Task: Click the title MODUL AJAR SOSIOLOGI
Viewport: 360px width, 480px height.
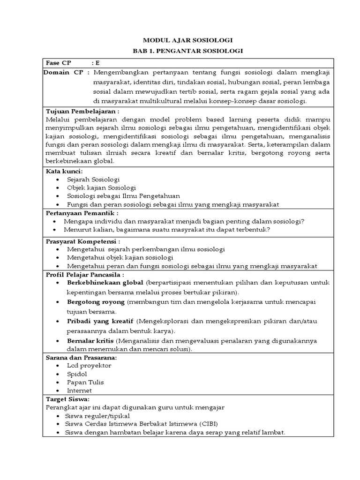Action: click(187, 41)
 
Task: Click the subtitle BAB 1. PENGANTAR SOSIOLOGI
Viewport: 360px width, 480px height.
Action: click(187, 51)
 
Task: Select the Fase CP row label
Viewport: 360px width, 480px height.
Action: click(57, 63)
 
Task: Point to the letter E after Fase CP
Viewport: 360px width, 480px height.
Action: click(97, 63)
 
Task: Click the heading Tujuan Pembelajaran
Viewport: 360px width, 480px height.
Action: click(82, 111)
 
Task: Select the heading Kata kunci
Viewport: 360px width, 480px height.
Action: click(64, 172)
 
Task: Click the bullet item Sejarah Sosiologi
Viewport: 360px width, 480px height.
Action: click(93, 180)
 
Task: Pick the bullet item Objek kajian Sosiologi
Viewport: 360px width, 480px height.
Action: click(101, 188)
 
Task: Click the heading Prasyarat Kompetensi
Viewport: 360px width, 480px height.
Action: click(83, 241)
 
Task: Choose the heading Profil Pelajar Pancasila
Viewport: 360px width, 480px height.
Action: click(84, 275)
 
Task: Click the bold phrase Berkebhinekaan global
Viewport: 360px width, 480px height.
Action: click(105, 284)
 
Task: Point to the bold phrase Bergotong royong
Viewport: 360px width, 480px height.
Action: click(96, 301)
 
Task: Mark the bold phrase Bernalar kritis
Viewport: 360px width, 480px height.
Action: click(90, 340)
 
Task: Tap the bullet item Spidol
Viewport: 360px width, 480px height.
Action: click(77, 374)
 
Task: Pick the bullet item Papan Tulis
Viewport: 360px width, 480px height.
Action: click(85, 382)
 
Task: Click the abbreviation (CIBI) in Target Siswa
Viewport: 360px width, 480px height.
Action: click(208, 424)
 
